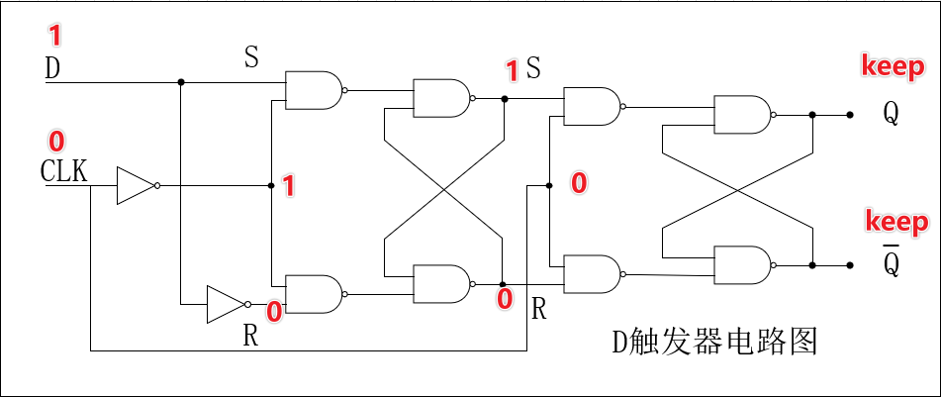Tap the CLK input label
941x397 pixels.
click(x=64, y=171)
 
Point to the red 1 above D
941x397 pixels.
click(x=54, y=37)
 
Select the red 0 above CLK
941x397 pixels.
click(x=55, y=141)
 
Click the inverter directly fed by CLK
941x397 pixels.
click(x=134, y=185)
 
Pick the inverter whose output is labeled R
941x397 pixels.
click(x=224, y=304)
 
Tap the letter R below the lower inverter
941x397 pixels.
click(x=250, y=336)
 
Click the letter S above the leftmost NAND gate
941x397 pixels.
click(x=251, y=57)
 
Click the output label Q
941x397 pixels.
click(x=891, y=114)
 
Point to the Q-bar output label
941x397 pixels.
click(x=891, y=261)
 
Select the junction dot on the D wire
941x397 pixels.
click(x=180, y=82)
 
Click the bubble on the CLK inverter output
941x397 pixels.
click(x=157, y=185)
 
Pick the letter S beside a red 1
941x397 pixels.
click(x=533, y=68)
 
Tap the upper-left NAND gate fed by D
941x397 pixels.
click(x=314, y=90)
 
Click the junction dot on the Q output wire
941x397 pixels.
click(x=812, y=114)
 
